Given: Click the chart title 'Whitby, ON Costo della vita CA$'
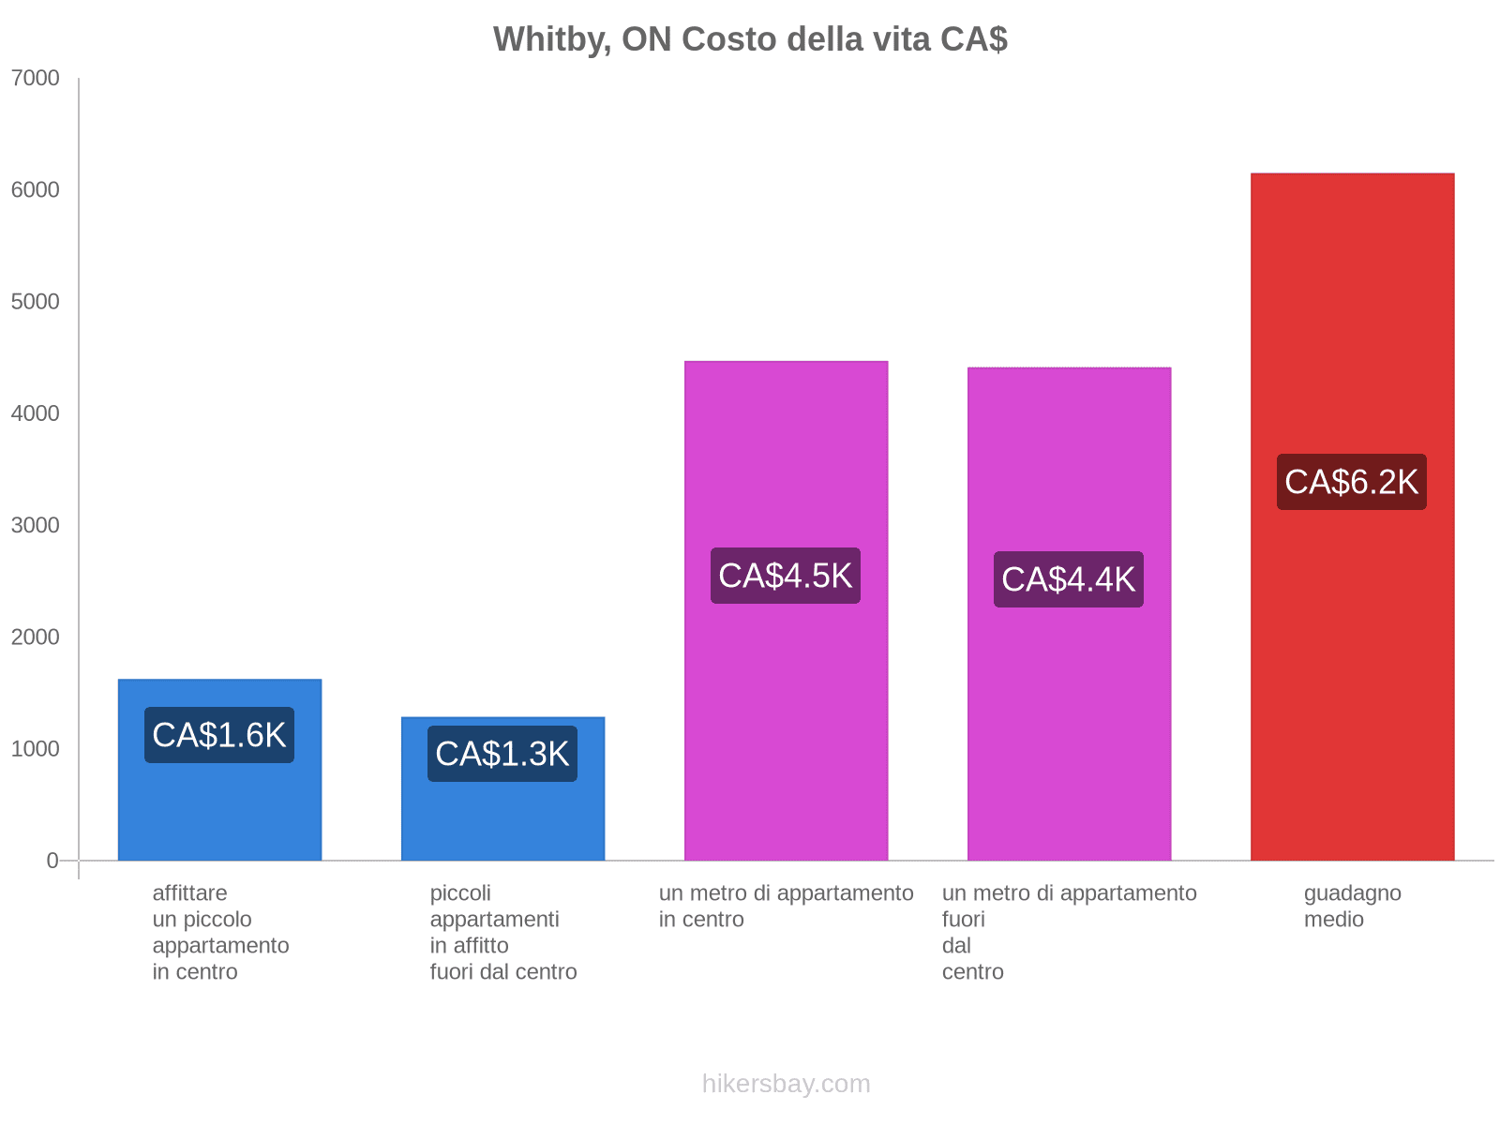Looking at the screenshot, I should [x=750, y=39].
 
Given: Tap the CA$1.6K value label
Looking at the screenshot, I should [x=219, y=735].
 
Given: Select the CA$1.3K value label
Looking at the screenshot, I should [x=502, y=754].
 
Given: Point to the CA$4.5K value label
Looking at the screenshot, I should [x=786, y=576].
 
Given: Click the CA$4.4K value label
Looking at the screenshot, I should [x=1069, y=579].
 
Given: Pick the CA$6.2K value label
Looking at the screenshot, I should [x=1352, y=482].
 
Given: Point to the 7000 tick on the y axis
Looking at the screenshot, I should [x=36, y=79].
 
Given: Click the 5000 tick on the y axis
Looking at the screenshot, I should [x=36, y=302].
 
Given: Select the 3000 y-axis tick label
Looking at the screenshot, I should [x=36, y=525].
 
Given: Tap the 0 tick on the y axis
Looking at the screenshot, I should [x=52, y=861].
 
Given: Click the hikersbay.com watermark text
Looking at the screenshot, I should [x=786, y=1084].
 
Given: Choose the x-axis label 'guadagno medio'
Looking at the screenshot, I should [x=1352, y=907].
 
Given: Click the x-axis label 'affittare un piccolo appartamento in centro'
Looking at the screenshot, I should [x=220, y=933].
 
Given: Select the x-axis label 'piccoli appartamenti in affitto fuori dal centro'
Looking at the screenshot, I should [x=503, y=933].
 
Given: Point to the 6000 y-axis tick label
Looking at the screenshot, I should [x=36, y=190].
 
